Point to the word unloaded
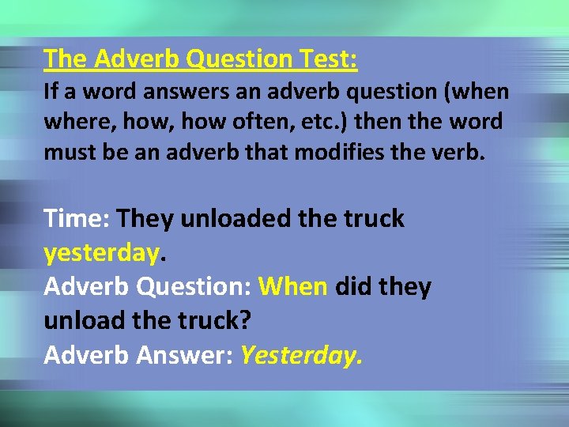(x=225, y=219)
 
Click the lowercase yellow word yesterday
(x=101, y=253)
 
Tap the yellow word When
(x=292, y=286)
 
